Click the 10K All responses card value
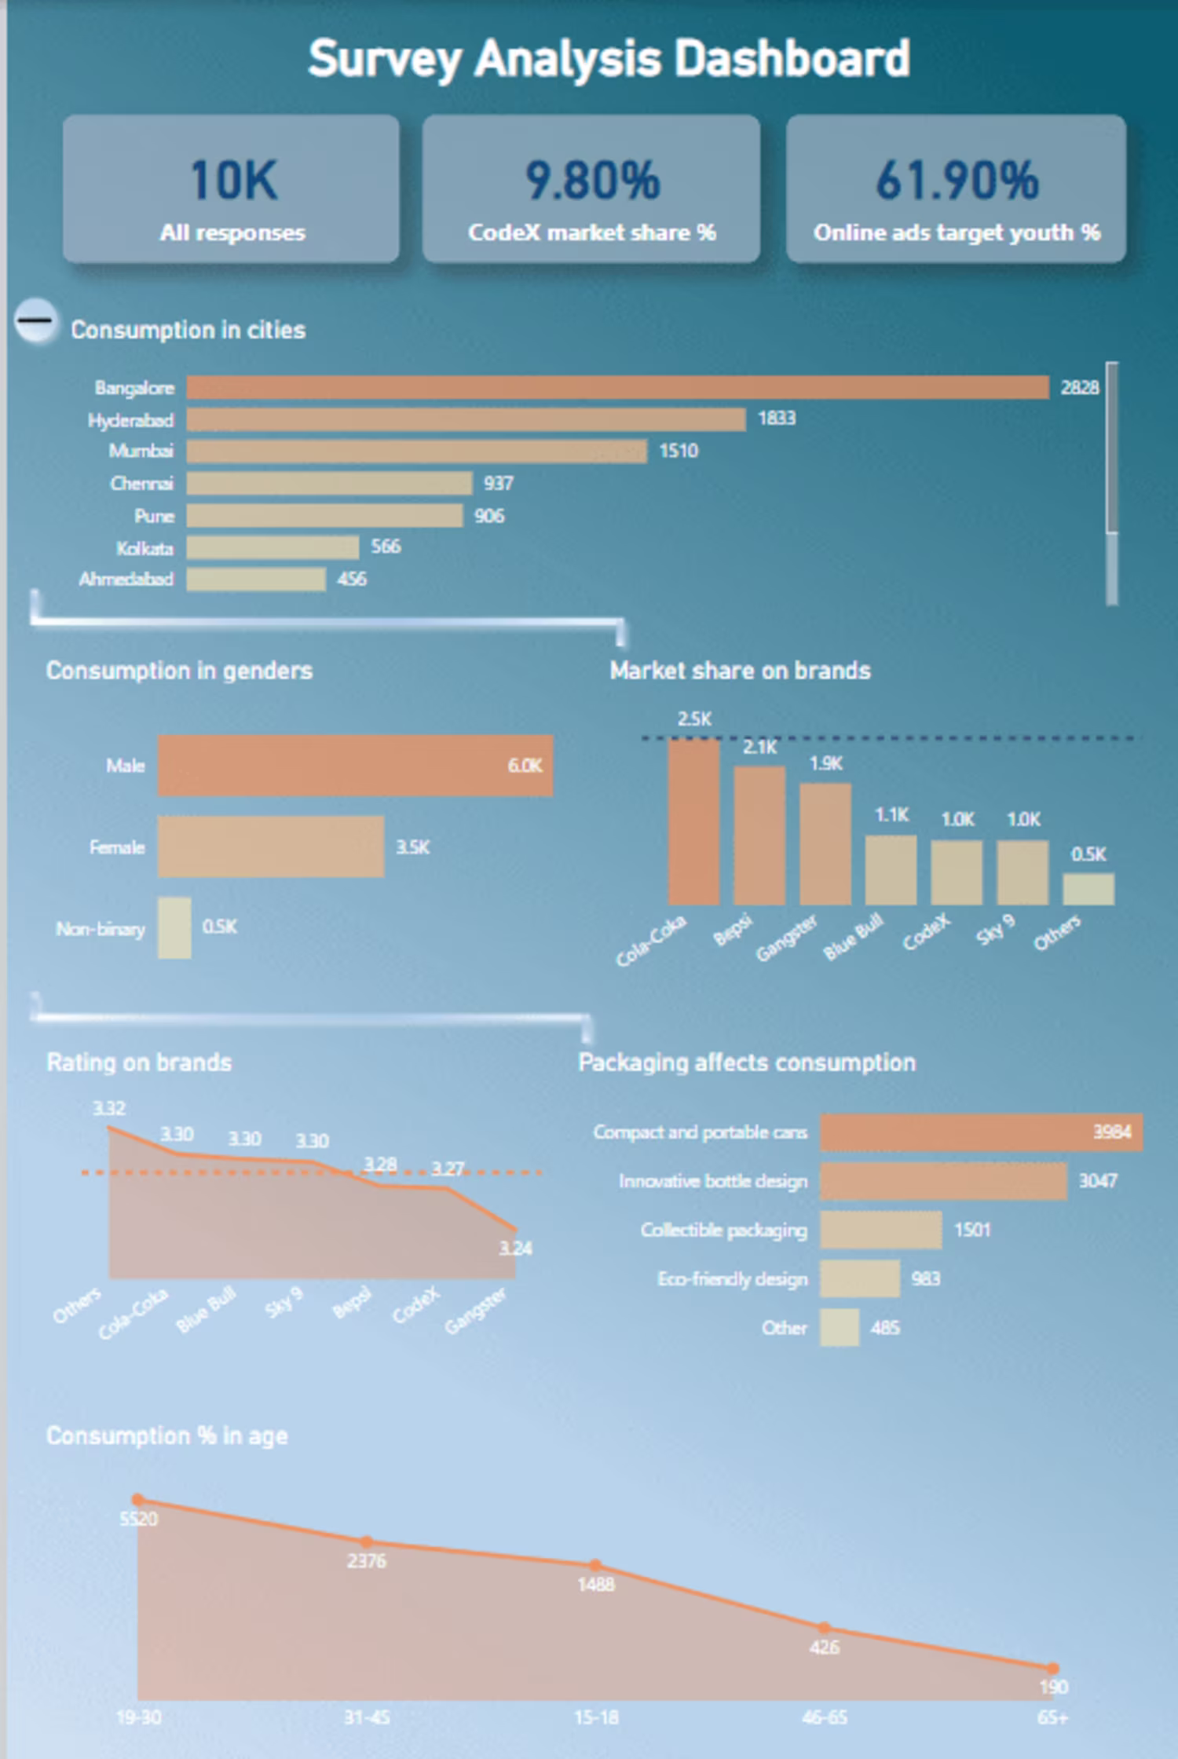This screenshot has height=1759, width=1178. [233, 180]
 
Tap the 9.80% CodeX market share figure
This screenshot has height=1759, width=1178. [592, 180]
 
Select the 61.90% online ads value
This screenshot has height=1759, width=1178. [957, 180]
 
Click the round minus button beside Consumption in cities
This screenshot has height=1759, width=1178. [35, 320]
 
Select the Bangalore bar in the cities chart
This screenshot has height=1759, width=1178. [617, 387]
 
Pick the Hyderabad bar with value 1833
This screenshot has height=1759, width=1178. [466, 419]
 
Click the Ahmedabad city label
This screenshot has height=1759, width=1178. [126, 580]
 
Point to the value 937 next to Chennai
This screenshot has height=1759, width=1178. [499, 483]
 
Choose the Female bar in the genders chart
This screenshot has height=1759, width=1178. [271, 846]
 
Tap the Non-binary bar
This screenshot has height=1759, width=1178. [174, 927]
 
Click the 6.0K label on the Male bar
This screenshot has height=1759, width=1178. [525, 766]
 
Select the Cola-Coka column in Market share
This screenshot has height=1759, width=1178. [693, 822]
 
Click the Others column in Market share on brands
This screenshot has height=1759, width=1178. [1088, 889]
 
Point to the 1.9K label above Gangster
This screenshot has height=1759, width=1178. [825, 763]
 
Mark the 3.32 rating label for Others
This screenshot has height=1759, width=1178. [109, 1108]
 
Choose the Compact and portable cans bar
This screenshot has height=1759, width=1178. [981, 1132]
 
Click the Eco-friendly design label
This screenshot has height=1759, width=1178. [732, 1279]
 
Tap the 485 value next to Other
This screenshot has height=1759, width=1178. [885, 1328]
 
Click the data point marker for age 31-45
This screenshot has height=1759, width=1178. [366, 1541]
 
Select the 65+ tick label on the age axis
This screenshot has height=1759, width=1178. [1052, 1717]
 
